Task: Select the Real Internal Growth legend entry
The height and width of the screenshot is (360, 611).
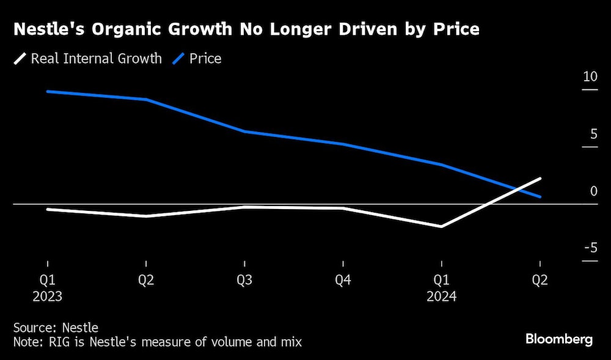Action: point(89,59)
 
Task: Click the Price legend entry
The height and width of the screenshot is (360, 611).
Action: point(197,59)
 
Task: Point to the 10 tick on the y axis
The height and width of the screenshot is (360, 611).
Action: point(590,77)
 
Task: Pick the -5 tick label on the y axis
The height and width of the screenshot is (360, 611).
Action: point(590,248)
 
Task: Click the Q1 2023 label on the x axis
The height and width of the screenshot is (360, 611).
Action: point(47,288)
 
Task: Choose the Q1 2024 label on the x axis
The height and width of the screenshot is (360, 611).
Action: point(442,288)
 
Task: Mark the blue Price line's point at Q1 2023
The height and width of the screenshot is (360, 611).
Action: point(47,91)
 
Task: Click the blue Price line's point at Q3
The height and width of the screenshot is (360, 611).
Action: point(244,131)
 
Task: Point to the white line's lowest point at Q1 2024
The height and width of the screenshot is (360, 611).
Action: point(442,227)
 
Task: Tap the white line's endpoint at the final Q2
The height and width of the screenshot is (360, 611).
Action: point(540,178)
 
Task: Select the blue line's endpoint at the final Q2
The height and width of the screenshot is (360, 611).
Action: point(540,197)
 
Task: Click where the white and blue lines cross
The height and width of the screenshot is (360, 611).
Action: point(518,189)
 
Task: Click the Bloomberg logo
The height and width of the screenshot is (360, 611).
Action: point(559,340)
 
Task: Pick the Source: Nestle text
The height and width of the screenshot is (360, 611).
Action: point(55,328)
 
